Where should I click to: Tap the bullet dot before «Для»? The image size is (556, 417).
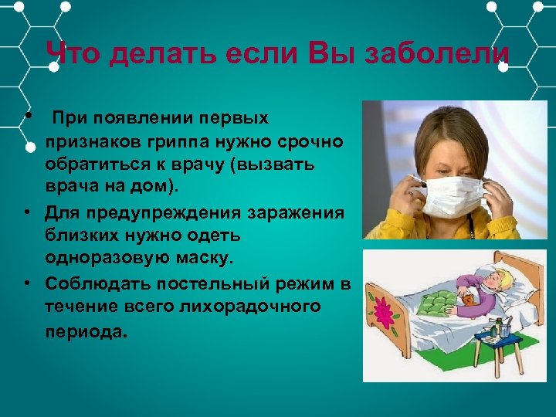click(27, 210)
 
